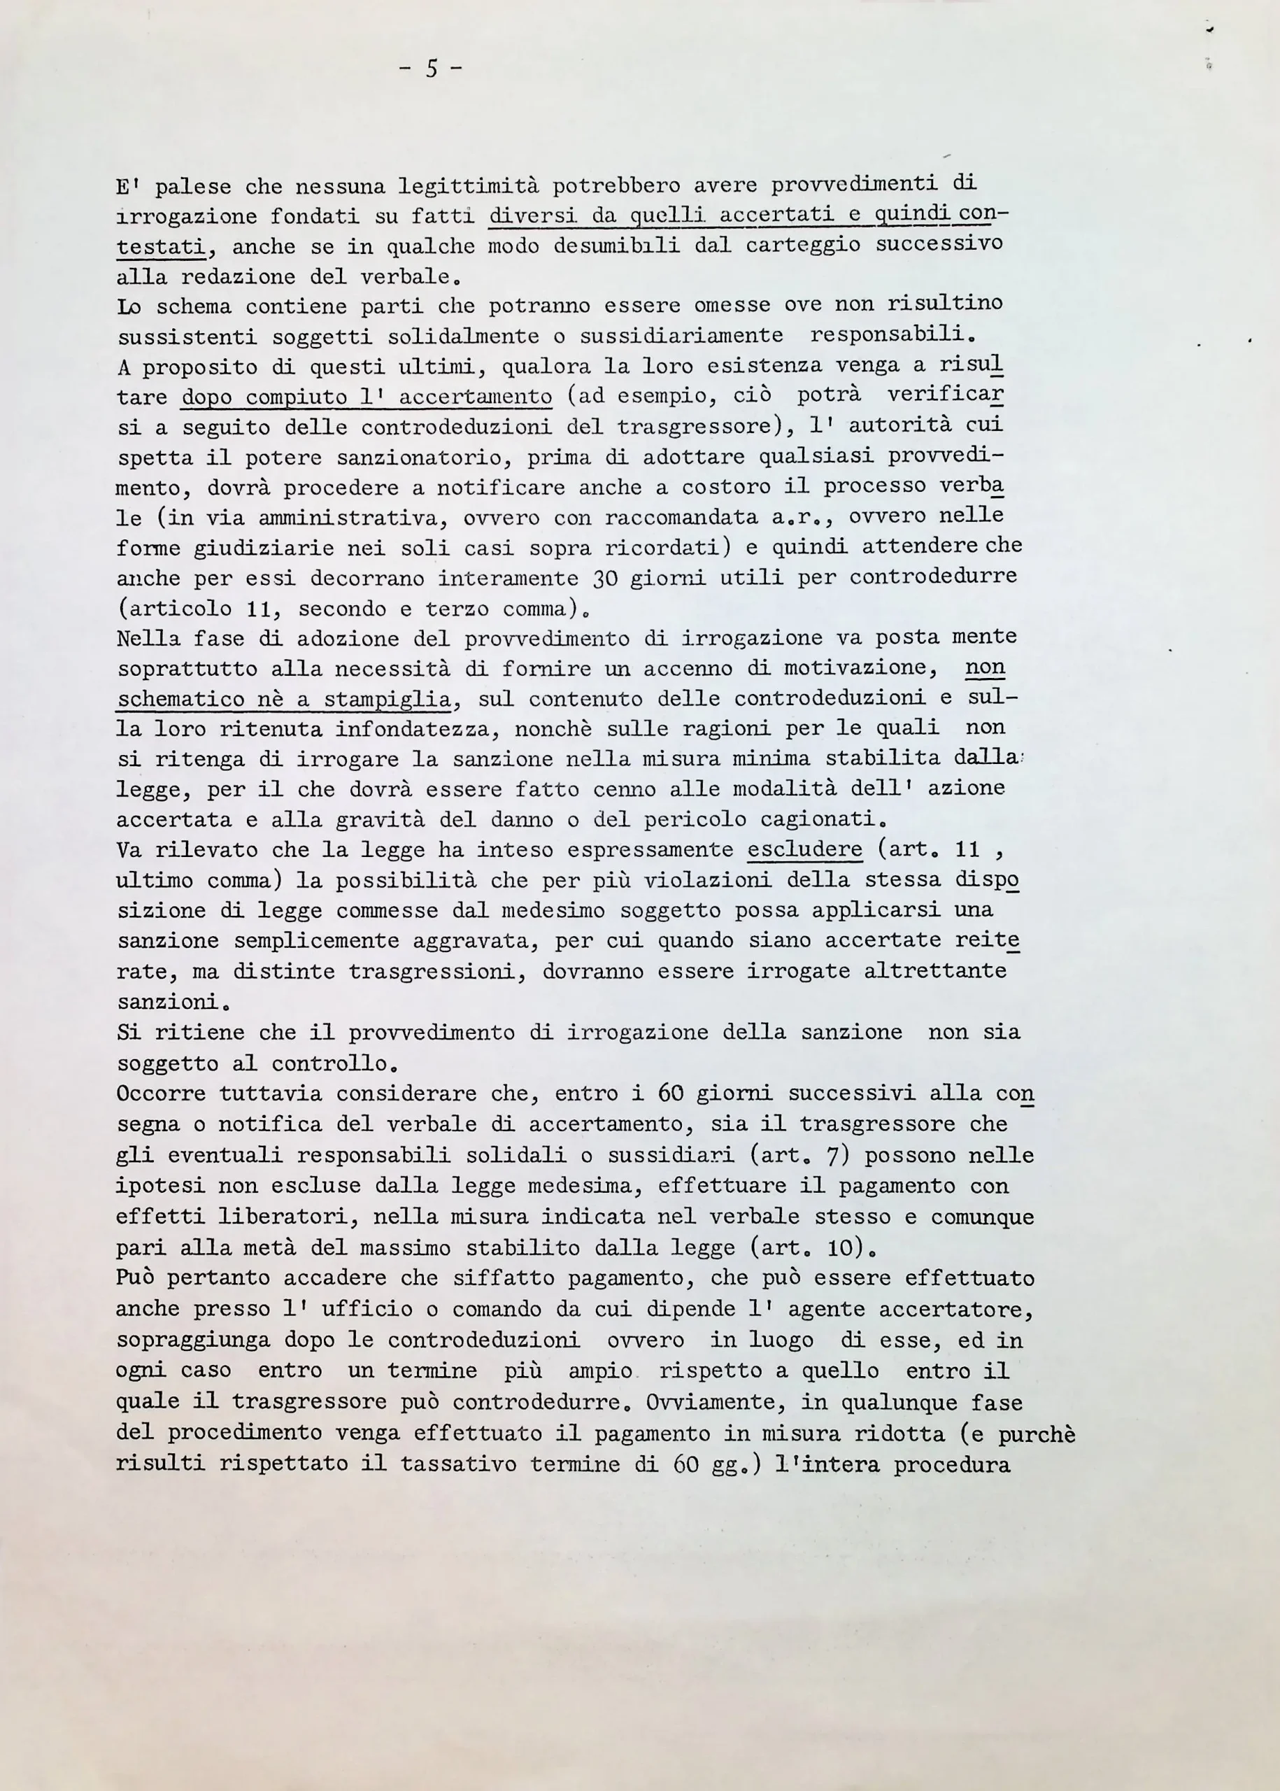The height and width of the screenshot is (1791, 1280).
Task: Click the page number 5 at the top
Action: (x=431, y=69)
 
